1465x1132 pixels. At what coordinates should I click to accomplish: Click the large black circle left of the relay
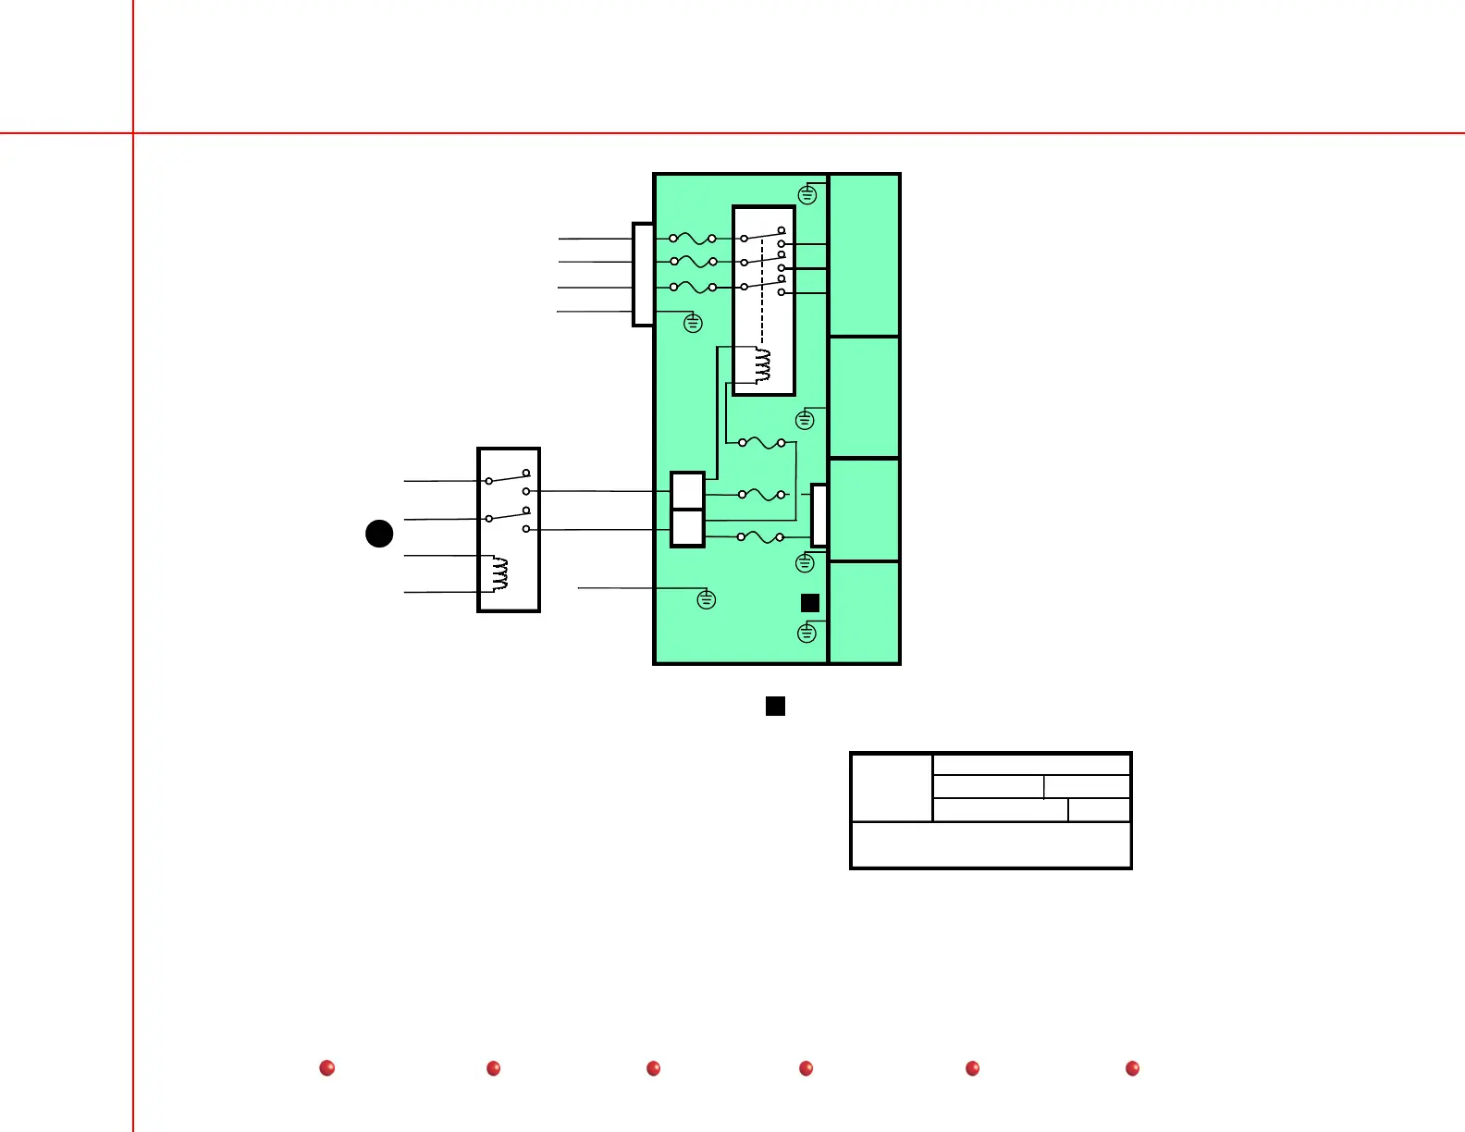379,534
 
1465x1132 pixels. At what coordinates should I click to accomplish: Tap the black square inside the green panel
810,603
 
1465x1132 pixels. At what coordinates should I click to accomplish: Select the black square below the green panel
776,707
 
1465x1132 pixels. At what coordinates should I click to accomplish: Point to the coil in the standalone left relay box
500,573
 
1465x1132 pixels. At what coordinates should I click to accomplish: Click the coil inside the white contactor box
763,365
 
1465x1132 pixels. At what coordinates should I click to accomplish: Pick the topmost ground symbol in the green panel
807,195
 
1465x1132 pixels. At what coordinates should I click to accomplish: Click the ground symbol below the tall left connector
693,324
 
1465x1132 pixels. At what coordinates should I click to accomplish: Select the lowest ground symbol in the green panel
806,634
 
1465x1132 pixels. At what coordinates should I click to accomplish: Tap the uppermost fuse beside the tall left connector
693,239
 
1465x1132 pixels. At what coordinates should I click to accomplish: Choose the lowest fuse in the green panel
760,537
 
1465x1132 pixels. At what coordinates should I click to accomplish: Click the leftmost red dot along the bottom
326,1068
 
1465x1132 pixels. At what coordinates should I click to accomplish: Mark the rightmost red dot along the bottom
1132,1068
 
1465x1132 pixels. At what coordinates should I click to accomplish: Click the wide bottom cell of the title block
991,845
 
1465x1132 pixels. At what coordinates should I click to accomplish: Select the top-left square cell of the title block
892,787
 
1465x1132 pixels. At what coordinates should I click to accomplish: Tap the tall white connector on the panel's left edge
643,275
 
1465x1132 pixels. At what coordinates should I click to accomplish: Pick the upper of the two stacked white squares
687,490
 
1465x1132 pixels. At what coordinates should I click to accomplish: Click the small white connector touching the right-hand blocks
819,515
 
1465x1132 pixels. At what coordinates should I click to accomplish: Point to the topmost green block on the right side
865,254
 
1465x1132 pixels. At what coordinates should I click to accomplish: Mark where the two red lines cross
133,133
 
